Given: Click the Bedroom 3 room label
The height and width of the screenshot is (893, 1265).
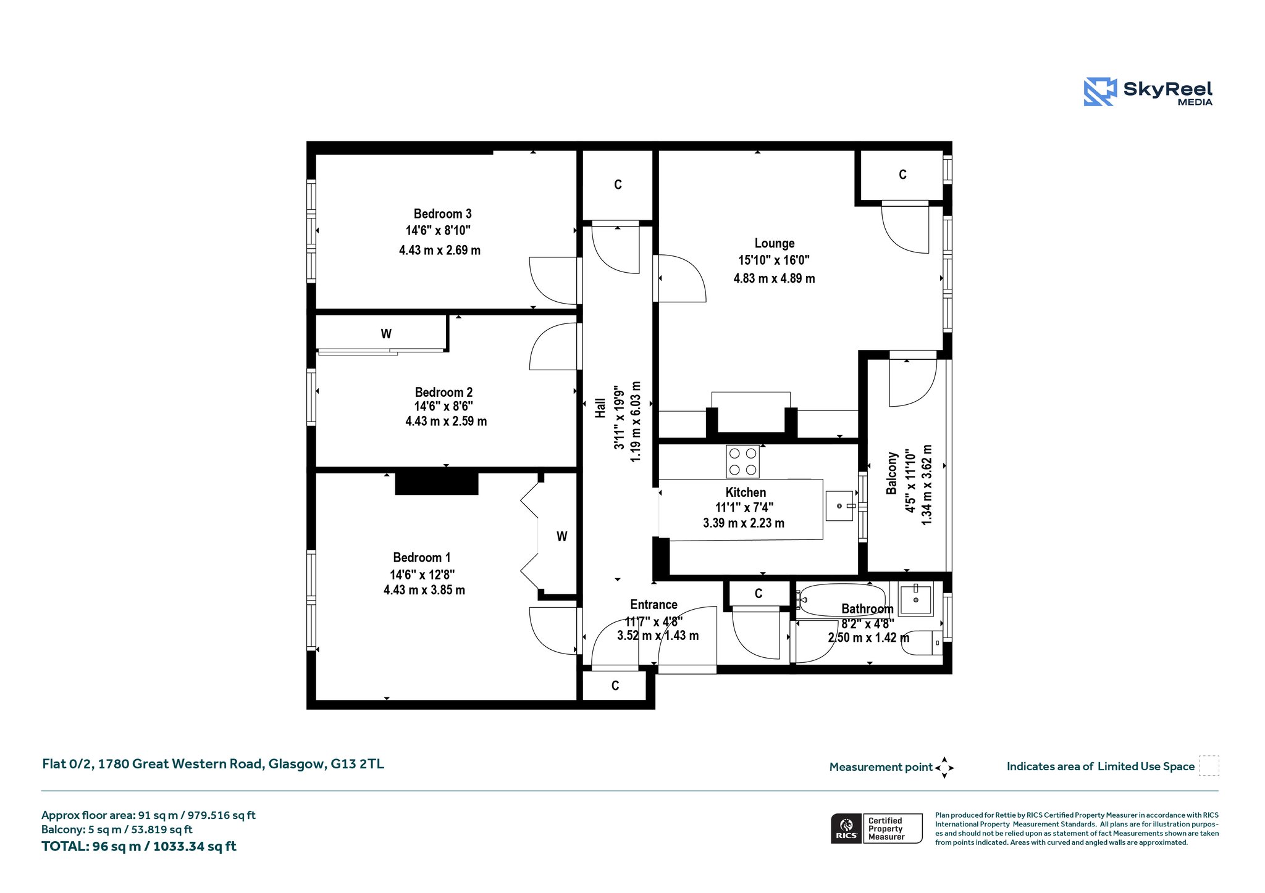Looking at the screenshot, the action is tap(442, 214).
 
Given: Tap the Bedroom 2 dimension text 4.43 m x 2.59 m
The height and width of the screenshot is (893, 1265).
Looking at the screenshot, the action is tap(446, 422).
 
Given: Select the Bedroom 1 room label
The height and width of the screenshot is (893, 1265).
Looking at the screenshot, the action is tap(422, 557).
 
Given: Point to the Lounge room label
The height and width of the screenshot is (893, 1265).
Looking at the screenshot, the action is tap(775, 244).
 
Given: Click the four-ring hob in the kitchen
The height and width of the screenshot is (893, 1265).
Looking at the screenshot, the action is tap(742, 461).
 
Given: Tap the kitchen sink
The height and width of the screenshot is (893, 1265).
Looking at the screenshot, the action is tap(840, 506).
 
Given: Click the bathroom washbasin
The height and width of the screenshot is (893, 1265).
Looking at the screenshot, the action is tap(915, 599).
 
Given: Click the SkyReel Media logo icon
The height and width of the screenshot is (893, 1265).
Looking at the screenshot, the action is tap(1100, 92).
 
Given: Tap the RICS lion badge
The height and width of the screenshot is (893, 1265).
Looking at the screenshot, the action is tap(846, 828).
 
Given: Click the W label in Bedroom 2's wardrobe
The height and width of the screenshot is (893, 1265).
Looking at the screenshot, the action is tap(386, 334).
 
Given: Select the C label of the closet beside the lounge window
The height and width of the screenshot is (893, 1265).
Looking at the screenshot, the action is tap(902, 175).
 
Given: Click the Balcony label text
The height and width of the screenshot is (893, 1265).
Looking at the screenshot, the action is tap(891, 473).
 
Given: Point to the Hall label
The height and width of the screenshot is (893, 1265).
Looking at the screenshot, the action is tap(600, 408).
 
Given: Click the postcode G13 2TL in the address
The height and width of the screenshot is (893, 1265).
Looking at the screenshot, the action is tap(357, 764).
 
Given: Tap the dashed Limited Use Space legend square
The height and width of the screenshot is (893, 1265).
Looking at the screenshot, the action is tap(1209, 765).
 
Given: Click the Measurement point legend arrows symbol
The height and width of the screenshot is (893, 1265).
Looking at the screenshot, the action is tap(944, 768).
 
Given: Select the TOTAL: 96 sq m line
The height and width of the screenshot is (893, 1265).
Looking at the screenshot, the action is tap(139, 846).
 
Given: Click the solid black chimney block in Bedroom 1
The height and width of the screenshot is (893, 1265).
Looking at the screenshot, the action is tap(437, 483).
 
